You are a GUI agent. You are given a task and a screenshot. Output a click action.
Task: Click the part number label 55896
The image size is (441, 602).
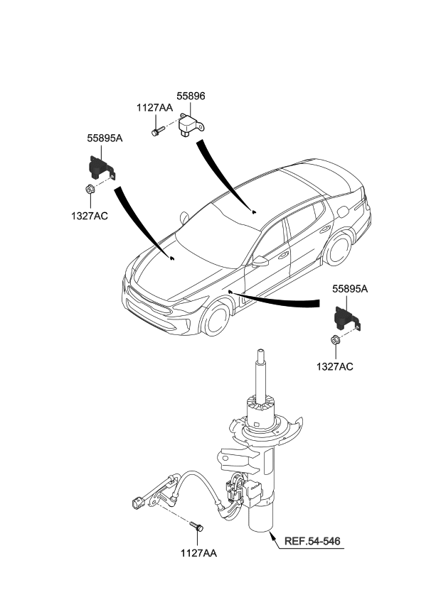[191, 96]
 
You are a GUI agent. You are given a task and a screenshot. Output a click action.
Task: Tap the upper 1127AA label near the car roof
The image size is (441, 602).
[154, 108]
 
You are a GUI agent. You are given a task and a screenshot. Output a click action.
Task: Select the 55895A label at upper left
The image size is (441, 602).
[105, 139]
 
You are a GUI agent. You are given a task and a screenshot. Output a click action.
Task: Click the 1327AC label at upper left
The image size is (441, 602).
[89, 216]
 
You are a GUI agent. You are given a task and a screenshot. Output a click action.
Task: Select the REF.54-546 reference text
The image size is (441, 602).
[312, 542]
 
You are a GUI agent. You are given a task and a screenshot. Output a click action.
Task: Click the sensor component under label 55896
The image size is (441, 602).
[192, 126]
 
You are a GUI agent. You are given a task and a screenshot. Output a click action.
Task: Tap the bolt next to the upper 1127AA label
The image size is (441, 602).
[158, 131]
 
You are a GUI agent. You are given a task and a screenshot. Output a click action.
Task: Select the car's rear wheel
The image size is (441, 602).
[340, 251]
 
